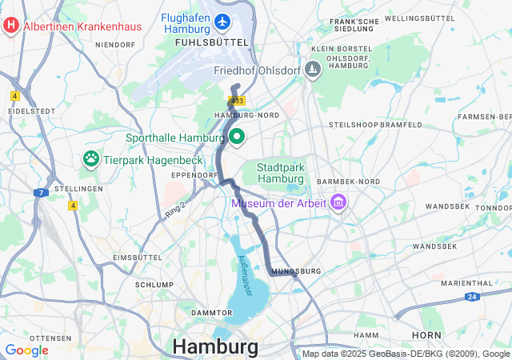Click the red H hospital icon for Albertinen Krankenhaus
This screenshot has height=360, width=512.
click(x=11, y=26)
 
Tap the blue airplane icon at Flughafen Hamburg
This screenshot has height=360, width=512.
click(x=222, y=18)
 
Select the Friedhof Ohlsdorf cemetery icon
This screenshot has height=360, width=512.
click(x=313, y=70)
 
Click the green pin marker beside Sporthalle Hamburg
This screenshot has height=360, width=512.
click(x=237, y=138)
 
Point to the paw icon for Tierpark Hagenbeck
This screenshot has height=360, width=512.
click(x=90, y=159)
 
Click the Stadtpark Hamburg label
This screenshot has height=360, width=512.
click(x=281, y=173)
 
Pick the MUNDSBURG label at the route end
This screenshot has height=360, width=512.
click(x=296, y=271)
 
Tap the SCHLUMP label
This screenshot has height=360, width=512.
click(x=154, y=284)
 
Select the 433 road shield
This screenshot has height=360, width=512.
click(x=236, y=101)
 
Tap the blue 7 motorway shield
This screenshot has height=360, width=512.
click(x=40, y=193)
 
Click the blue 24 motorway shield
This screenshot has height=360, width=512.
click(x=473, y=296)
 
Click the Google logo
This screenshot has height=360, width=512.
click(x=26, y=350)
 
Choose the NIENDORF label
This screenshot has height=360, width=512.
click(x=115, y=45)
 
